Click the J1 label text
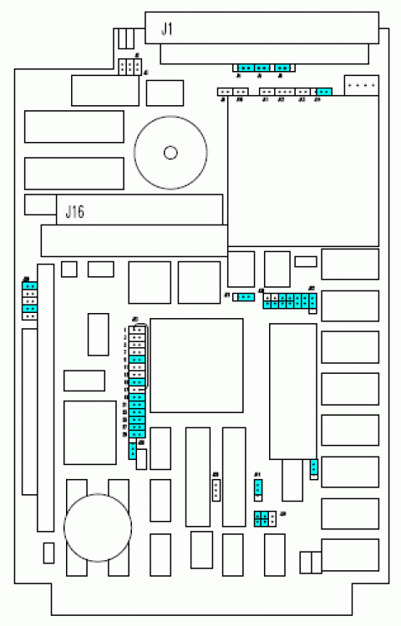pos(167,30)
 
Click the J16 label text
pos(75,212)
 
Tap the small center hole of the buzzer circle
pos(171,152)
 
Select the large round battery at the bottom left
pos(99,528)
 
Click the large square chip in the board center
pos(196,366)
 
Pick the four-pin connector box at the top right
pos(361,85)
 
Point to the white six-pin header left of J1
pos(130,67)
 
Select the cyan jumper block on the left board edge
pos(29,300)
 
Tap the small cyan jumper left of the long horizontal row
pos(244,296)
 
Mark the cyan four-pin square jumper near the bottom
pos(263,519)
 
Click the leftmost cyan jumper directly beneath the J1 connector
pos(246,68)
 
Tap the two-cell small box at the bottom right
pos(311,562)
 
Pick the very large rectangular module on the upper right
pos(303,171)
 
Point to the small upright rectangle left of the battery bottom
pos(48,553)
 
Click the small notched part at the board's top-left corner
pos(125,38)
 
